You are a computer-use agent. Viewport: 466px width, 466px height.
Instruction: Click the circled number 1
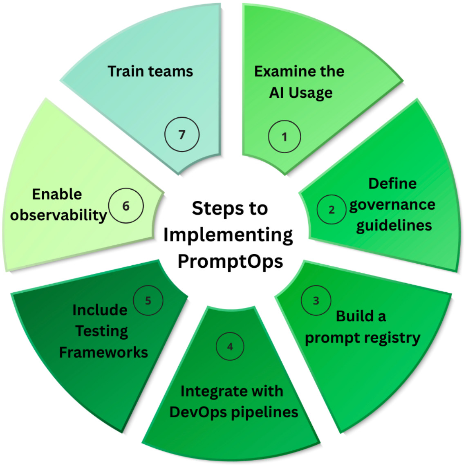[285, 137]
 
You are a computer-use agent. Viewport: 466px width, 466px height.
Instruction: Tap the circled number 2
[332, 209]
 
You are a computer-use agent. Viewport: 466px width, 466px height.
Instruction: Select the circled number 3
[316, 301]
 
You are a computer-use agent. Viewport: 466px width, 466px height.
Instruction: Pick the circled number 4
[230, 347]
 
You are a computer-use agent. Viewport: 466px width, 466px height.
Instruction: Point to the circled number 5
[148, 300]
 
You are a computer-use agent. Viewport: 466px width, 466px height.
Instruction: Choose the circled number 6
[126, 206]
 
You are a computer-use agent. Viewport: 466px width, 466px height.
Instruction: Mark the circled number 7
[182, 134]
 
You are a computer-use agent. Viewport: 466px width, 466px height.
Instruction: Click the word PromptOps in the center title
[230, 261]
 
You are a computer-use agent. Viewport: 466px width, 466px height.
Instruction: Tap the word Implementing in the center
[228, 235]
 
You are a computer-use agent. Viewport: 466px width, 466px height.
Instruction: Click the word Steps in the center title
[211, 208]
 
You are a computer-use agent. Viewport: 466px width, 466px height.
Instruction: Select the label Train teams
[150, 71]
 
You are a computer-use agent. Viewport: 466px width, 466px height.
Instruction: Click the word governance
[392, 204]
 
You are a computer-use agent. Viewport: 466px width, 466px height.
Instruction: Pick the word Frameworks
[103, 352]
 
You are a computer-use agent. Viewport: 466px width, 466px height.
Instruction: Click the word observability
[58, 215]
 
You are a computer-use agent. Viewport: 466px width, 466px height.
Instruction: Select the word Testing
[102, 331]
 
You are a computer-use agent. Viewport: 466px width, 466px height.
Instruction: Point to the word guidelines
[394, 225]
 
